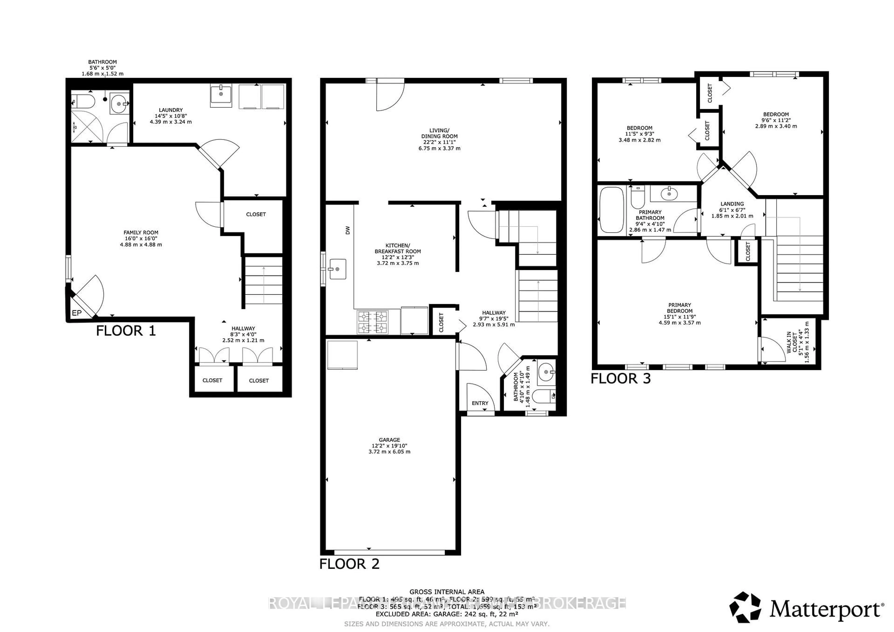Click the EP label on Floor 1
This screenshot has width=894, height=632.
coord(77,313)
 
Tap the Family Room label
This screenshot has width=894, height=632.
coord(141,238)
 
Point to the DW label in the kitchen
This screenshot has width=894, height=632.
coord(348,230)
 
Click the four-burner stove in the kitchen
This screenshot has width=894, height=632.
coord(373,322)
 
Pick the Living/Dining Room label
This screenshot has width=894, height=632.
coord(439,139)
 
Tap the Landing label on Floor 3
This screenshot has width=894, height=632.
coord(732,209)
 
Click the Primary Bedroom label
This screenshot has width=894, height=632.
coord(679,314)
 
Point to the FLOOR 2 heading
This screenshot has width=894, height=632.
coord(349,564)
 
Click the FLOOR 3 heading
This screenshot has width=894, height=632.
coord(621,379)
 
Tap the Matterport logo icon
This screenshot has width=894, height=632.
coord(745,618)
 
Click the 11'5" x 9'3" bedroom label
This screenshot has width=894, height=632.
coord(639,134)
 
